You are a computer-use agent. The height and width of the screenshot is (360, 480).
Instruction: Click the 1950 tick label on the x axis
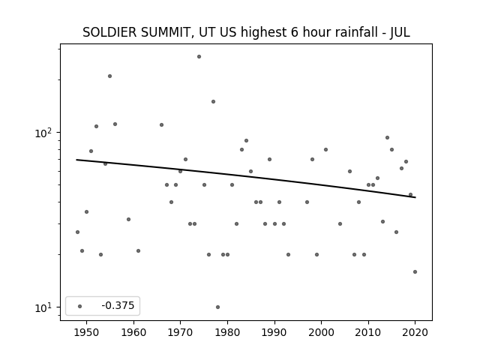(87, 332)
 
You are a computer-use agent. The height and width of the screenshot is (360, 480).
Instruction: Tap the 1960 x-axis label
(133, 332)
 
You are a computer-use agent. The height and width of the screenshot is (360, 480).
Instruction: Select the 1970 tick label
(180, 332)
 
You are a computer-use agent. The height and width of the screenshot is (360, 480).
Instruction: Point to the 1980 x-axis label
(227, 332)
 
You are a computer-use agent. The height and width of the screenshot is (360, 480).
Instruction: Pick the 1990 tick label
(274, 332)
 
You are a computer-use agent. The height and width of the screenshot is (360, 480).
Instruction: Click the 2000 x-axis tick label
(322, 332)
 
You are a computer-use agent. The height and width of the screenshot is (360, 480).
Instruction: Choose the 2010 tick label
(368, 332)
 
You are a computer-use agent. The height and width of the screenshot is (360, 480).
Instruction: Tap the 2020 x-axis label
(415, 332)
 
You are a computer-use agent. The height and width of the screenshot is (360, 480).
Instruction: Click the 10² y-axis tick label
(45, 133)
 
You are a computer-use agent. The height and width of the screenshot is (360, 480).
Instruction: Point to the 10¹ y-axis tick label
(45, 307)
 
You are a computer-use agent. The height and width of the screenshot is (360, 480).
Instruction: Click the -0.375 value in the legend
(118, 305)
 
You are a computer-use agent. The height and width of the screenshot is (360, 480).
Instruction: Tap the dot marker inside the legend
(80, 306)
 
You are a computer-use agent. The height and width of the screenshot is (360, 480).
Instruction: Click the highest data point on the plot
(199, 57)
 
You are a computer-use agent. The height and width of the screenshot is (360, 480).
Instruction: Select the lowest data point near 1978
(217, 307)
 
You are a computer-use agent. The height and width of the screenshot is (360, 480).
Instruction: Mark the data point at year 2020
(415, 271)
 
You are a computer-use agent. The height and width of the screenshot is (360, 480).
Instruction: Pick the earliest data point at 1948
(77, 232)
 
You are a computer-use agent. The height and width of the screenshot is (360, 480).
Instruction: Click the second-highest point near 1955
(110, 76)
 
